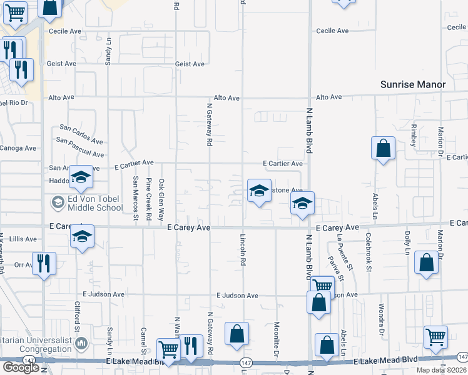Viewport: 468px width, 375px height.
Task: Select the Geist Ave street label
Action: click(190, 64)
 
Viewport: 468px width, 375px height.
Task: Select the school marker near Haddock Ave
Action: click(81, 178)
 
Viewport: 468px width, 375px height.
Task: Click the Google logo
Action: click(21, 367)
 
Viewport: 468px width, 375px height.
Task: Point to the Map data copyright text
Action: click(442, 370)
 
